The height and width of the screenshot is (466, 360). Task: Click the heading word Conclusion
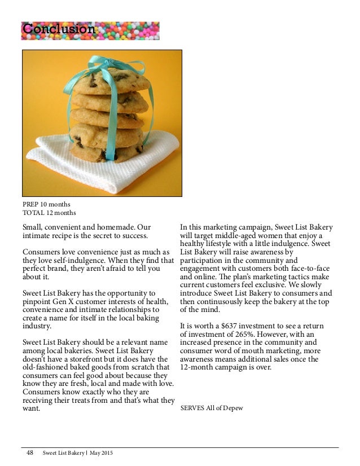(59, 29)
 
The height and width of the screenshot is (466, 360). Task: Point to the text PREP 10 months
(46, 204)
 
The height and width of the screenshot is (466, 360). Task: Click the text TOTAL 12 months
(49, 212)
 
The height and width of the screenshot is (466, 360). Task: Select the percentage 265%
(232, 335)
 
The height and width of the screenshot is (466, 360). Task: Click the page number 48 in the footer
(30, 453)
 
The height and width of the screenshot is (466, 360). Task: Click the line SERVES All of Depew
(212, 408)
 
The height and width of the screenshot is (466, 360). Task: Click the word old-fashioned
(45, 368)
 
